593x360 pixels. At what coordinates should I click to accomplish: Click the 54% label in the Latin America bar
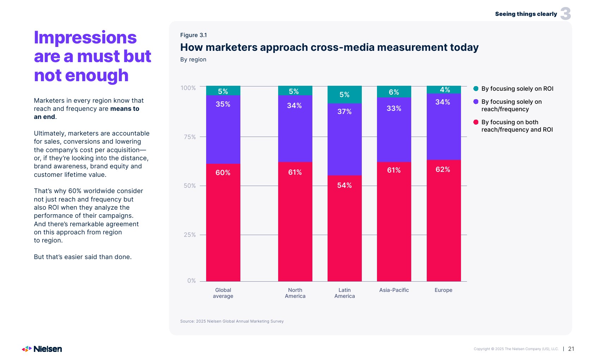[345, 185]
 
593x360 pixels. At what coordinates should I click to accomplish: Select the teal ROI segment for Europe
[444, 90]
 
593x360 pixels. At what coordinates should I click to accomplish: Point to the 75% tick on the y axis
[190, 137]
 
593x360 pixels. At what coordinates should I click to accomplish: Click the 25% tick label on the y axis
[190, 235]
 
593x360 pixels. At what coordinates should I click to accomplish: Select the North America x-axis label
[295, 293]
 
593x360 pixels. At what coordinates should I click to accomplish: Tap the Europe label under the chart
[443, 290]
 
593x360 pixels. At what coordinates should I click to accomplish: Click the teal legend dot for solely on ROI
[476, 89]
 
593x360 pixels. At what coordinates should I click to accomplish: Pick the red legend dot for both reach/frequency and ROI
[476, 122]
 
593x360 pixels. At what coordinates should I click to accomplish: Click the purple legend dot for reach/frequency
[476, 102]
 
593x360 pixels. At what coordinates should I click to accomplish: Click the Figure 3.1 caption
[193, 35]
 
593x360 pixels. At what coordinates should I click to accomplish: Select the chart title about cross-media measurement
[329, 47]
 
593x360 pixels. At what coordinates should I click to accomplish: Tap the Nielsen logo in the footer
[42, 349]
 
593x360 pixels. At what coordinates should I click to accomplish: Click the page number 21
[571, 349]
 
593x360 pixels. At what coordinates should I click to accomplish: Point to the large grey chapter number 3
[565, 14]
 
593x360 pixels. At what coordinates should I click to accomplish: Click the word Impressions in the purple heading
[85, 37]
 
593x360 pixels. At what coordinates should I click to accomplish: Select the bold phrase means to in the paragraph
[125, 109]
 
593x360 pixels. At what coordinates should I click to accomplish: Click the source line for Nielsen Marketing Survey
[232, 321]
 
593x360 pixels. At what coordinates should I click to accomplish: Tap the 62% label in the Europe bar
[443, 169]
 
